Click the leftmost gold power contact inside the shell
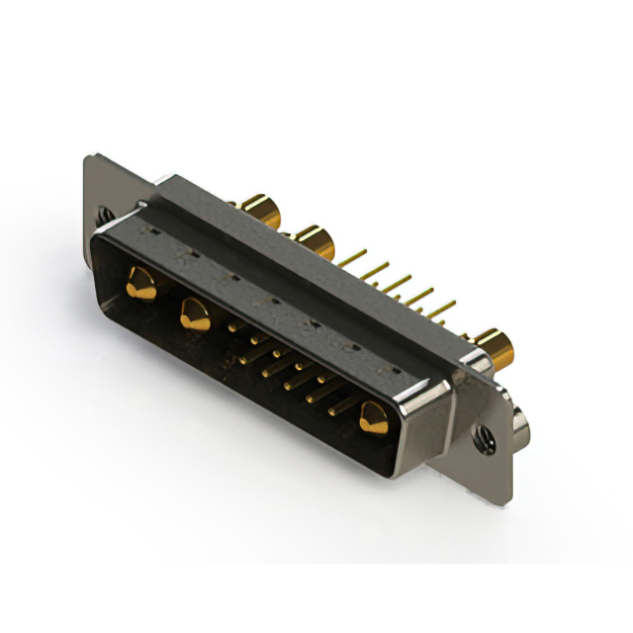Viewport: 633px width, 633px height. pyautogui.click(x=141, y=286)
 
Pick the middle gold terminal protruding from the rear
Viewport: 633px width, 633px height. pyautogui.click(x=314, y=239)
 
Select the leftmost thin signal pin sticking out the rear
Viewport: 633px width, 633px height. pyautogui.click(x=355, y=255)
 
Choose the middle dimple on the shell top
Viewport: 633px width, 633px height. pyautogui.click(x=272, y=298)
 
